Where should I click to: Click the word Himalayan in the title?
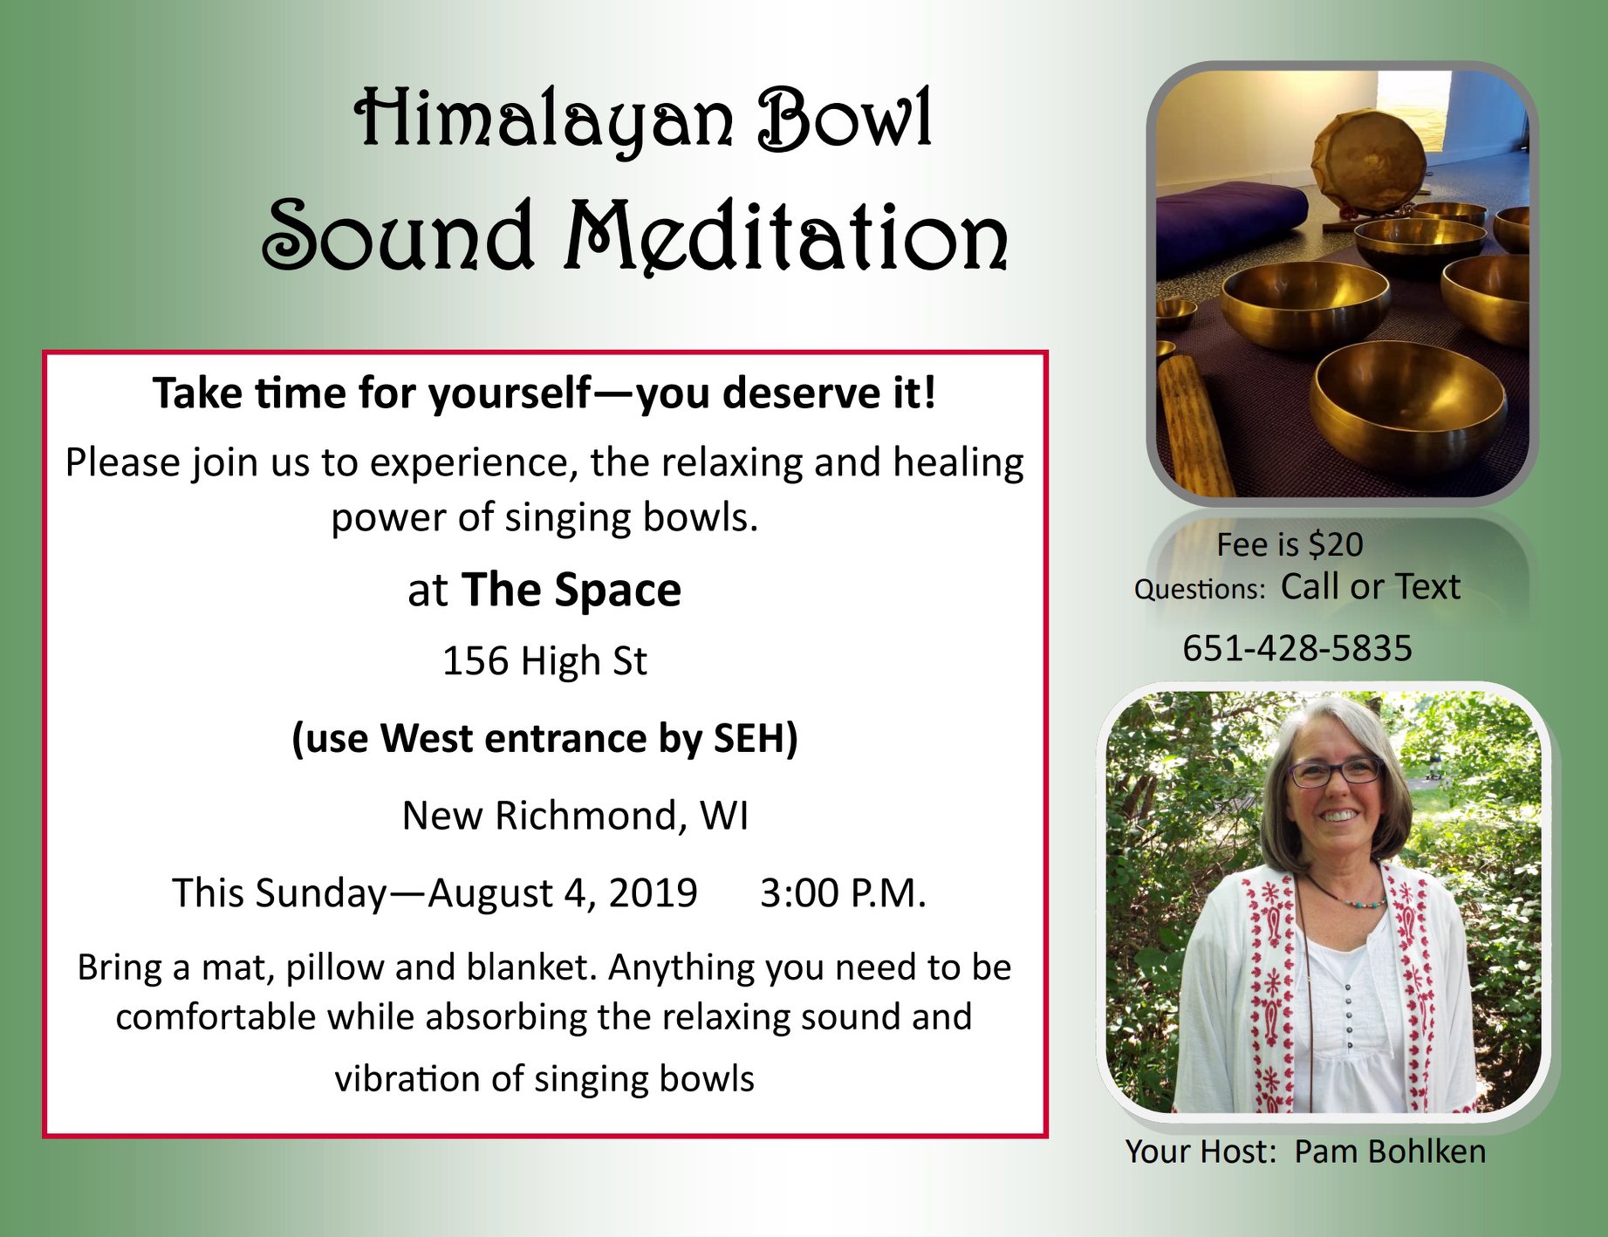click(x=544, y=120)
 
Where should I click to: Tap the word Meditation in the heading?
click(x=785, y=236)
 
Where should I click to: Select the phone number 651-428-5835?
click(x=1297, y=648)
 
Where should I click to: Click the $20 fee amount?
click(x=1336, y=544)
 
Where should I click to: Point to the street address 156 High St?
click(x=544, y=660)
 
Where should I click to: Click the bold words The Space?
click(x=571, y=590)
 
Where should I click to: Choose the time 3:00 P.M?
click(x=843, y=892)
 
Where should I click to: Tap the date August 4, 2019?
click(x=563, y=893)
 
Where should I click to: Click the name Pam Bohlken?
click(x=1390, y=1152)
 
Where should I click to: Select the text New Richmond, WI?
click(x=575, y=816)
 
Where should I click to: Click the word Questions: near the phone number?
click(x=1200, y=590)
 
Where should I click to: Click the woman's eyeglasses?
click(x=1335, y=771)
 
